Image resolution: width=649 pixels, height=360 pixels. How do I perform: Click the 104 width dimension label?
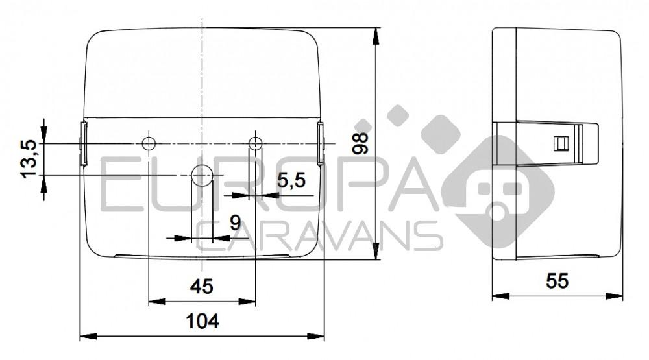pos(202,320)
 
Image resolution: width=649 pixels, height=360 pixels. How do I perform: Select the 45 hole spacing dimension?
pos(202,286)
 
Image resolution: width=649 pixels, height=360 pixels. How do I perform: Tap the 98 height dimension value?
pos(361,142)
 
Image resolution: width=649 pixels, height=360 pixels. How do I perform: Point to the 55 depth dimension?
pos(557,281)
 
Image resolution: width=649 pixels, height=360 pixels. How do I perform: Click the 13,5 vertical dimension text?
pos(29,158)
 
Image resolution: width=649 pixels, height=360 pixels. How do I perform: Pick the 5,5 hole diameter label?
pos(291,181)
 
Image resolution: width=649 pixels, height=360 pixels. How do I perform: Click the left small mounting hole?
pos(149,143)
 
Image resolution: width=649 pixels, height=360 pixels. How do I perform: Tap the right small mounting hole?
pos(256,143)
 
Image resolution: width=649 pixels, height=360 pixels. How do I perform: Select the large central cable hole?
pos(202,175)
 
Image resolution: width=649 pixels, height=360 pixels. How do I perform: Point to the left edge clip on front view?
pos(82,144)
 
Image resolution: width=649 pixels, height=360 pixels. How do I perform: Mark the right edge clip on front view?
pos(321,144)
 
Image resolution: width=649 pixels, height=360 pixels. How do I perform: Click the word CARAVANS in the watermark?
pos(318,235)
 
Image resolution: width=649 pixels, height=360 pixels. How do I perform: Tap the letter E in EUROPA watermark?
pos(123,186)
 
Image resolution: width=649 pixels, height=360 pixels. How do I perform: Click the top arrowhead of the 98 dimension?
pos(377,34)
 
